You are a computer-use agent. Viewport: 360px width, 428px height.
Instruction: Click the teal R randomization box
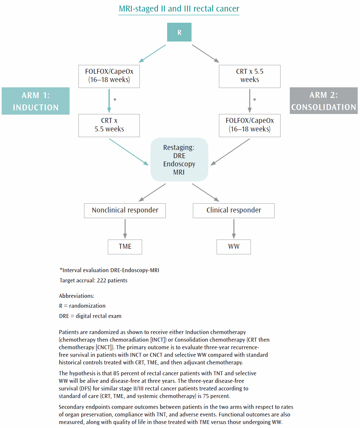tap(179, 32)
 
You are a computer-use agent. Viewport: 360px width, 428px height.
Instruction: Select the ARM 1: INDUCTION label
tap(36, 101)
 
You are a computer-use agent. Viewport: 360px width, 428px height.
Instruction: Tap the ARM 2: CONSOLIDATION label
tap(323, 101)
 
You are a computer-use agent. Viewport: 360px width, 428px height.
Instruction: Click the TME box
tap(125, 247)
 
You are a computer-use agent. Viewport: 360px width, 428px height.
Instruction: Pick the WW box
tap(233, 247)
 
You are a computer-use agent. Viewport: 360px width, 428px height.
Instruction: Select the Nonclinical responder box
tap(125, 211)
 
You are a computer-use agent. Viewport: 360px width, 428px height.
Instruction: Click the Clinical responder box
tap(233, 211)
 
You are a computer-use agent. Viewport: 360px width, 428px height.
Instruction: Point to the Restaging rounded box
tap(179, 159)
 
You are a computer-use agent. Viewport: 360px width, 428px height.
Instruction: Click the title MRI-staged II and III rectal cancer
tap(179, 9)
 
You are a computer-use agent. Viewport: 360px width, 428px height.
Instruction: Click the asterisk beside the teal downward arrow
tap(115, 100)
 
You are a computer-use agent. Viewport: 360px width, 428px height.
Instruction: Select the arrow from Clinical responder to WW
tap(234, 229)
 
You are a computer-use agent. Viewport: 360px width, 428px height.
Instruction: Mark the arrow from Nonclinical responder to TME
tap(125, 229)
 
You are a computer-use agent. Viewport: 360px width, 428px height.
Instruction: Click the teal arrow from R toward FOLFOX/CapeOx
tap(152, 54)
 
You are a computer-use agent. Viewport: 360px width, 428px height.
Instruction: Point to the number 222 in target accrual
tap(101, 280)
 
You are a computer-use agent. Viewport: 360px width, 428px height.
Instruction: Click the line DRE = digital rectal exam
tap(90, 316)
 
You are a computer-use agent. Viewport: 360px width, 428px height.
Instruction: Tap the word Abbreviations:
tap(76, 296)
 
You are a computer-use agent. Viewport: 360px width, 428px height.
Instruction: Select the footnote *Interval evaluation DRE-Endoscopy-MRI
tap(109, 270)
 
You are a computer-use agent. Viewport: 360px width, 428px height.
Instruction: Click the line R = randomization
tap(82, 306)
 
